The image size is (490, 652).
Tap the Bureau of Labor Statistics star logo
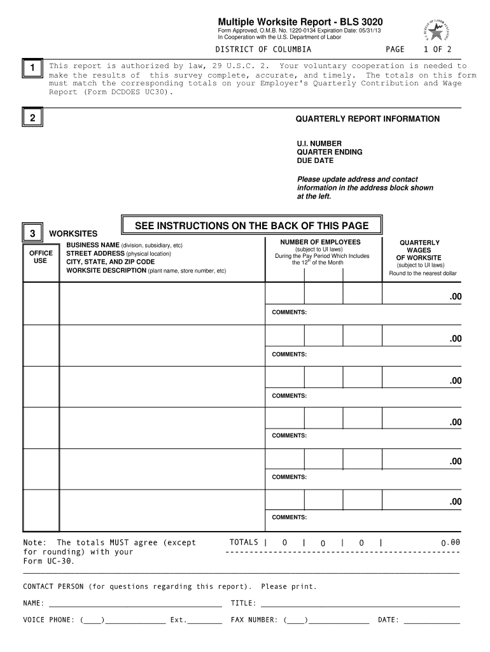pyautogui.click(x=435, y=29)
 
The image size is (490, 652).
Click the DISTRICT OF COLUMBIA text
pyautogui.click(x=263, y=49)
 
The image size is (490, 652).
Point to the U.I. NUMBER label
pyautogui.click(x=319, y=143)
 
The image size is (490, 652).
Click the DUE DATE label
pyautogui.click(x=315, y=160)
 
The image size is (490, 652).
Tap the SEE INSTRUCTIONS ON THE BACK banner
pyautogui.click(x=251, y=226)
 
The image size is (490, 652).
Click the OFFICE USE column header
pyautogui.click(x=41, y=257)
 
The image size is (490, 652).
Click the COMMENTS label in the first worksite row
pyautogui.click(x=290, y=312)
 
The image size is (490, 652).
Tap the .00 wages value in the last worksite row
pyautogui.click(x=454, y=502)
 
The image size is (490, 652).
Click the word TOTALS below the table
pyautogui.click(x=244, y=542)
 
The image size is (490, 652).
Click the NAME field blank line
pyautogui.click(x=135, y=604)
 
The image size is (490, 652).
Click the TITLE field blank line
pyautogui.click(x=360, y=604)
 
